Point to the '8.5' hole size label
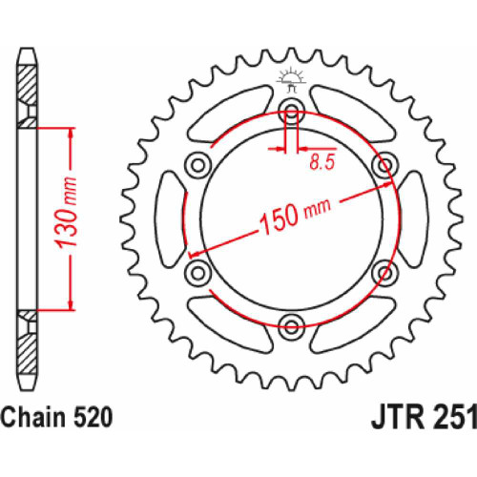tap(321, 164)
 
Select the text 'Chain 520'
tap(59, 418)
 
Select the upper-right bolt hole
tap(386, 164)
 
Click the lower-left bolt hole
tap(198, 274)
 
